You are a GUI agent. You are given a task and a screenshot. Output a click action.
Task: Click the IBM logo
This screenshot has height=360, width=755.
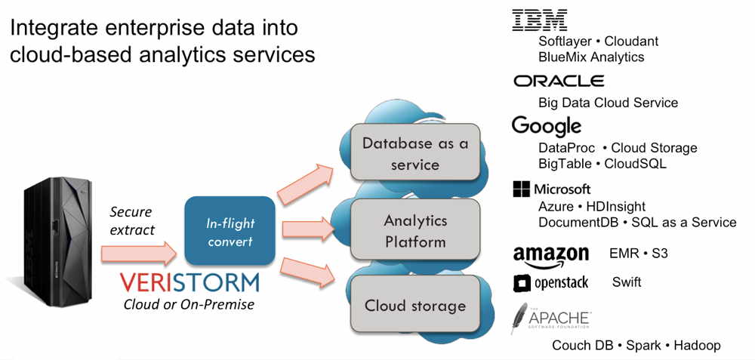pyautogui.click(x=539, y=20)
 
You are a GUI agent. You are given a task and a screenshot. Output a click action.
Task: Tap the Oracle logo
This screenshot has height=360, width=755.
pyautogui.click(x=559, y=81)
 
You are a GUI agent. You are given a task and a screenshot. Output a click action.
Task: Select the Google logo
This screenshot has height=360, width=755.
pyautogui.click(x=547, y=126)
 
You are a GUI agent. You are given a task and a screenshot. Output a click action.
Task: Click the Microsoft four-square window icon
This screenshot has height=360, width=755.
pyautogui.click(x=522, y=189)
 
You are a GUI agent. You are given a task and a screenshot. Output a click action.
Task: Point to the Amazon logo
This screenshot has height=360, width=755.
pyautogui.click(x=551, y=257)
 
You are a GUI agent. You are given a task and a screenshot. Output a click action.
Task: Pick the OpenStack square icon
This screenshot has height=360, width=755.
pyautogui.click(x=522, y=284)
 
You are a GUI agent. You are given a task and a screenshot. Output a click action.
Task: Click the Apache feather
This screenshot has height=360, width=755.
pyautogui.click(x=519, y=318)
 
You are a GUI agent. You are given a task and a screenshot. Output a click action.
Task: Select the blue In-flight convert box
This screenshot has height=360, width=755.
pyautogui.click(x=230, y=230)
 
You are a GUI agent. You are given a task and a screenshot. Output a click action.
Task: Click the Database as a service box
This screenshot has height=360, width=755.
pyautogui.click(x=415, y=152)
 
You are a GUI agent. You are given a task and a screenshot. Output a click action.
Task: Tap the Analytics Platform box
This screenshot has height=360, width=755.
pyautogui.click(x=415, y=229)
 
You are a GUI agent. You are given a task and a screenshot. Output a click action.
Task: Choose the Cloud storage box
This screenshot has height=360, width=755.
pyautogui.click(x=415, y=304)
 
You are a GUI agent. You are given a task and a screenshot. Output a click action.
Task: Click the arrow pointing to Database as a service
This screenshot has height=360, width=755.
pyautogui.click(x=305, y=184)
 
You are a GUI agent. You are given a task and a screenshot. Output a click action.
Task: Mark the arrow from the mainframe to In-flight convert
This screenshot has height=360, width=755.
pyautogui.click(x=139, y=254)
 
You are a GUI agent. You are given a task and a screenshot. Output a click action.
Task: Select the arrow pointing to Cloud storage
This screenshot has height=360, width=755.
pyautogui.click(x=307, y=272)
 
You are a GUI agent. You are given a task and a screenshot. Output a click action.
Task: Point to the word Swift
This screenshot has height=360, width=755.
pyautogui.click(x=627, y=282)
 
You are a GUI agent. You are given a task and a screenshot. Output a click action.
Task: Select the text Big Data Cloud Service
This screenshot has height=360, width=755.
pyautogui.click(x=608, y=103)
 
